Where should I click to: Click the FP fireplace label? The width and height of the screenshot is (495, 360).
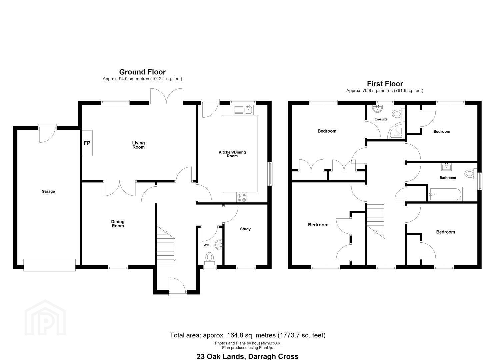[x=87, y=143]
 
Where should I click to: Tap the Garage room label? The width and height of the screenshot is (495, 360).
[x=48, y=191]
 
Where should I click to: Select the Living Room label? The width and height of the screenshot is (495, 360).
[x=139, y=145]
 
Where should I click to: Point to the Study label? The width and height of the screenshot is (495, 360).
[x=245, y=229]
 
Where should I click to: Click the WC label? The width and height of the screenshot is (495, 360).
[x=206, y=245]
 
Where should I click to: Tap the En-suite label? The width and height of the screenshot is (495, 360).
[x=381, y=119]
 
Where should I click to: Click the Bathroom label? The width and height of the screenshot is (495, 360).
[x=448, y=178]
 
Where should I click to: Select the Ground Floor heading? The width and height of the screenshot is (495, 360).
[x=142, y=72]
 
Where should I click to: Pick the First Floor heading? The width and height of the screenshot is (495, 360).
[x=385, y=84]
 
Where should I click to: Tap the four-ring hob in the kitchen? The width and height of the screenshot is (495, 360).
[x=242, y=197]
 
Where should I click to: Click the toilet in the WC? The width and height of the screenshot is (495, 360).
[x=209, y=259]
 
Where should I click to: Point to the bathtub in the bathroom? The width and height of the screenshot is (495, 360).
[x=445, y=194]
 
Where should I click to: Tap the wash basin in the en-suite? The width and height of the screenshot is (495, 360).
[x=377, y=108]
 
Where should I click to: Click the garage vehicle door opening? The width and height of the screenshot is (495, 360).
[x=49, y=265]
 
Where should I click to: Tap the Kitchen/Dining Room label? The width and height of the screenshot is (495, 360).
[x=232, y=154]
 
